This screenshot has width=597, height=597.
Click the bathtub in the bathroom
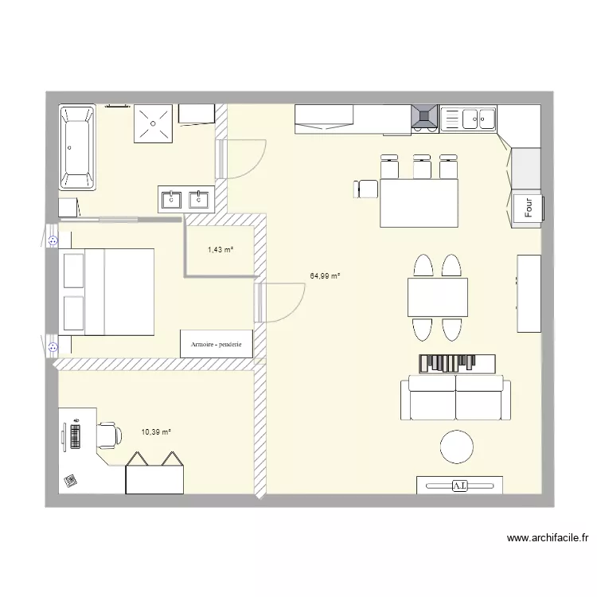77,147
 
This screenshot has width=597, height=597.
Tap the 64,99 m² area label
325,276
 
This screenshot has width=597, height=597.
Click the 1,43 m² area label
220,250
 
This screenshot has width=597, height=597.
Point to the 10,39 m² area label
156,432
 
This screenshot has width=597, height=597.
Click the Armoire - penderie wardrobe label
217,344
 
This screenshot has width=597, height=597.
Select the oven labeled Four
528,209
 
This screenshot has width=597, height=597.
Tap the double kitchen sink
468,119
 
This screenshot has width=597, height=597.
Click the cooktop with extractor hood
423,118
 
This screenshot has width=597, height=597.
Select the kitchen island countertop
419,202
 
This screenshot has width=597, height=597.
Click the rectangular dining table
437,297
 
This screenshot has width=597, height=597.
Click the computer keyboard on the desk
76,435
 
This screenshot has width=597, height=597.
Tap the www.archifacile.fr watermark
548,538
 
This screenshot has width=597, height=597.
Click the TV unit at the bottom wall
459,484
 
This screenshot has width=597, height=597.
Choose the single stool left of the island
367,189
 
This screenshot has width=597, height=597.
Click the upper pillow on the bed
74,271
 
